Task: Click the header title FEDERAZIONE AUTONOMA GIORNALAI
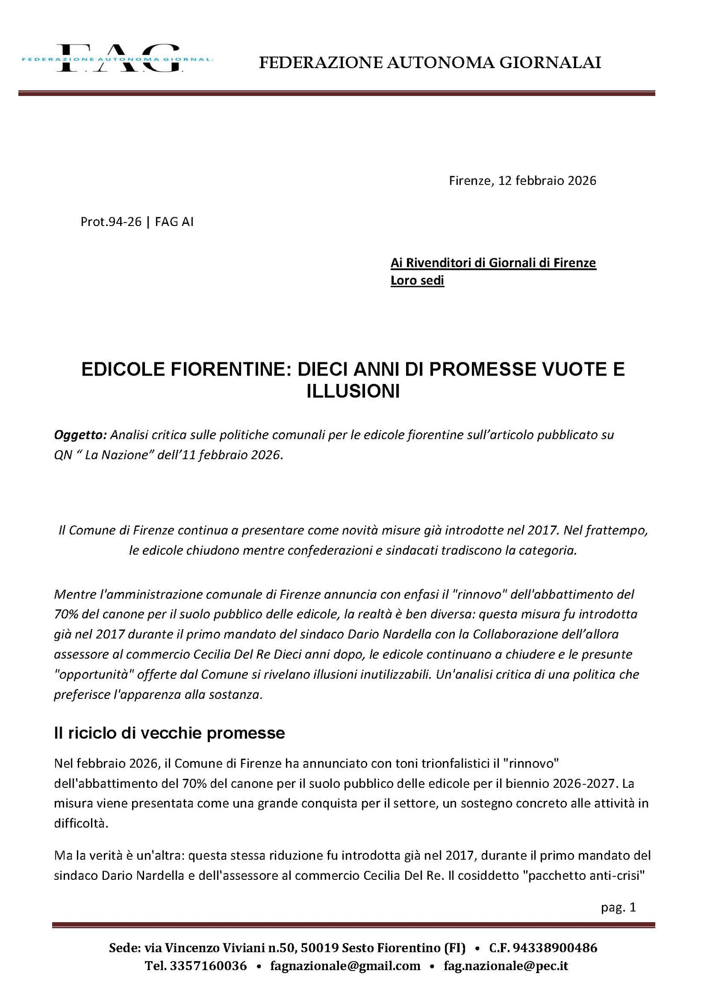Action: coord(430,63)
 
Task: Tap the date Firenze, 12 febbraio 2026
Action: coord(522,180)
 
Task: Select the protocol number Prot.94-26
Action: coord(110,222)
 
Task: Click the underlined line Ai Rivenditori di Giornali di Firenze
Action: coord(493,263)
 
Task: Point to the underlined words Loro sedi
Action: coord(417,280)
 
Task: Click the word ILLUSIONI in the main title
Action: coord(353,391)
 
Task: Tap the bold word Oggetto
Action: coord(80,435)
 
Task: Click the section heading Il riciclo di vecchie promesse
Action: coord(169,733)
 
